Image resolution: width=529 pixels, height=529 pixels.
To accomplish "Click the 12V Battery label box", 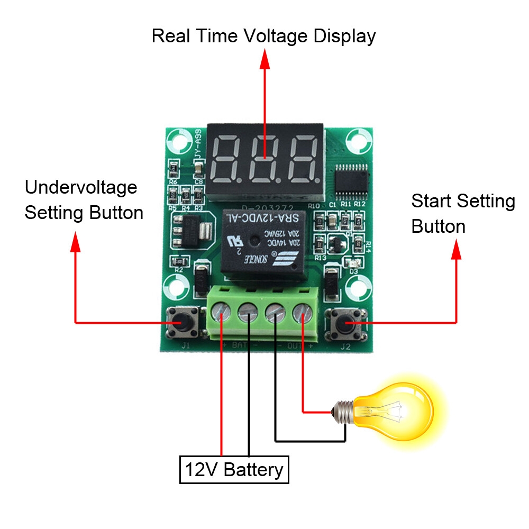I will click(234, 469).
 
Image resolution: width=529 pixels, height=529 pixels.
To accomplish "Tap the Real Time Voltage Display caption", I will click(263, 37).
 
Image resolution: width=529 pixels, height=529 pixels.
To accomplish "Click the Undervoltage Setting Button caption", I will click(84, 200).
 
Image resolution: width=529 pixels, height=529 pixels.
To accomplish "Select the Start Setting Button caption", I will click(463, 214).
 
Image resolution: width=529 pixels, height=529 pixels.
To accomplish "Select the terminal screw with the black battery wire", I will click(248, 315).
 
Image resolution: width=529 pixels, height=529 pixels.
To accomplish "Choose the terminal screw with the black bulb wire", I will click(275, 315).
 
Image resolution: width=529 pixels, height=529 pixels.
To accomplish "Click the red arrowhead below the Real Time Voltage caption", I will click(264, 60).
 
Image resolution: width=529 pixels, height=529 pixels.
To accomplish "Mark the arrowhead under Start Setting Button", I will click(456, 250).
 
